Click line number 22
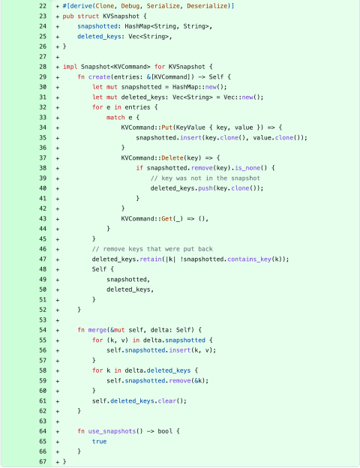click(43, 6)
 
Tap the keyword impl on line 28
click(70, 67)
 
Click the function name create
click(99, 76)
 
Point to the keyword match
click(115, 117)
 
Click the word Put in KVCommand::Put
click(166, 127)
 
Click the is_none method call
click(247, 168)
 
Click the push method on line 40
click(205, 188)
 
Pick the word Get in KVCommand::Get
click(166, 219)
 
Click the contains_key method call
click(249, 259)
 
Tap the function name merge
click(97, 330)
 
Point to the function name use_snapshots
click(112, 431)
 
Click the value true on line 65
click(99, 442)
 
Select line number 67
click(43, 461)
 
